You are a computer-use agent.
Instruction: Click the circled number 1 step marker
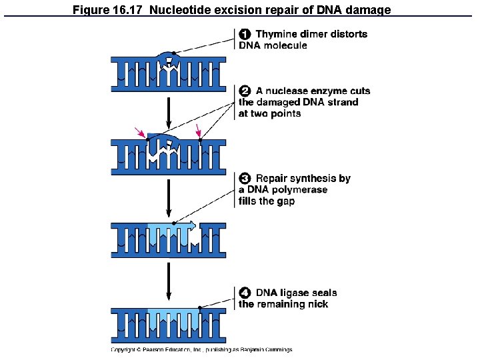pyautogui.click(x=245, y=34)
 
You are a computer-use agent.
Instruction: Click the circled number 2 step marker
pyautogui.click(x=245, y=91)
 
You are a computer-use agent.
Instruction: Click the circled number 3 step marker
pyautogui.click(x=245, y=179)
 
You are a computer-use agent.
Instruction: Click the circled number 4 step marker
pyautogui.click(x=245, y=293)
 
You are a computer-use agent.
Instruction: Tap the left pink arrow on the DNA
pyautogui.click(x=140, y=133)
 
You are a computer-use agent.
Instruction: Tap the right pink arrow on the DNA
pyautogui.click(x=198, y=133)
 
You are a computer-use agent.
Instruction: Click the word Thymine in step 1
pyautogui.click(x=277, y=34)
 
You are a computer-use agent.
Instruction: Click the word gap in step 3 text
pyautogui.click(x=285, y=201)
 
